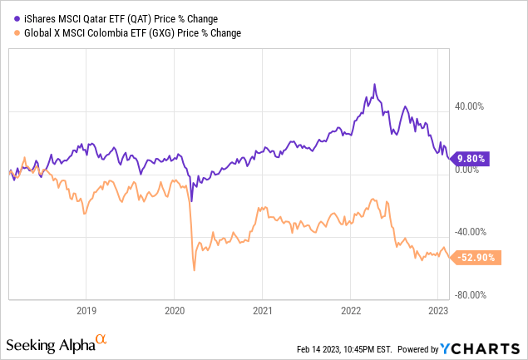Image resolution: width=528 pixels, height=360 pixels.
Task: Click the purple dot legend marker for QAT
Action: tap(8, 15)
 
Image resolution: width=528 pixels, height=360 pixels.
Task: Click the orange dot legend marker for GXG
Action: tap(8, 32)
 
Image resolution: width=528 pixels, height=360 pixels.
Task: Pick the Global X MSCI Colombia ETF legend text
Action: tap(125, 32)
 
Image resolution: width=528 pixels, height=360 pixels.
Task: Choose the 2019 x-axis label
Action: tap(86, 311)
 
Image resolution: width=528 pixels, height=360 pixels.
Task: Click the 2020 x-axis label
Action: tap(175, 311)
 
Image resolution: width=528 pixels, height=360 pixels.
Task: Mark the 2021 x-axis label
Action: tap(262, 311)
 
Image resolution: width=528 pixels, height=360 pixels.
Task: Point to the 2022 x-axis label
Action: tap(350, 311)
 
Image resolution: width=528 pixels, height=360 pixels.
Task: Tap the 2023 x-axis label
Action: tap(438, 311)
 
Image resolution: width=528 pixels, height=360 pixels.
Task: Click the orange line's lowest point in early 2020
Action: tap(194, 269)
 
